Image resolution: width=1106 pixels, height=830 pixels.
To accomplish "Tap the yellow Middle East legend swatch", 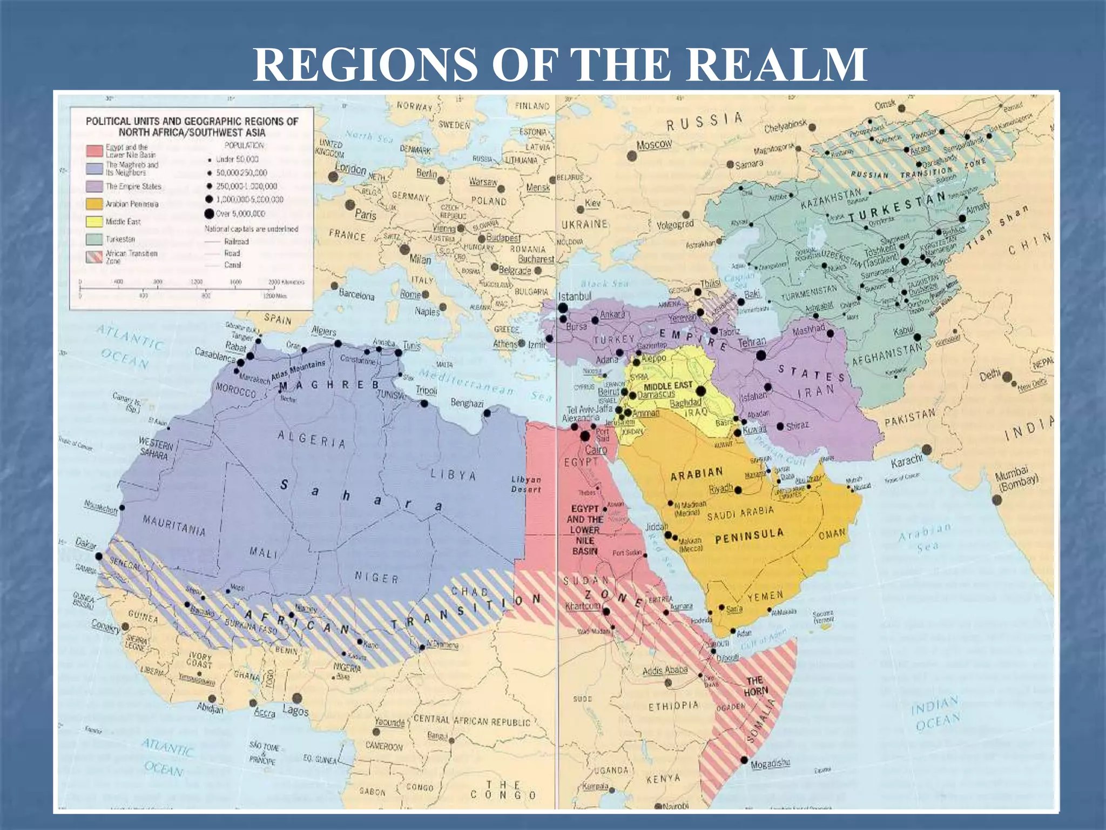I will (94, 222).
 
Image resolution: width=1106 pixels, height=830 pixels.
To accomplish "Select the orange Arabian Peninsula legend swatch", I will (94, 204).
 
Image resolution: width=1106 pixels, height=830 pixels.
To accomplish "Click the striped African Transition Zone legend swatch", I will (94, 257).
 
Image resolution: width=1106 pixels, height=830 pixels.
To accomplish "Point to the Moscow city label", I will (654, 144).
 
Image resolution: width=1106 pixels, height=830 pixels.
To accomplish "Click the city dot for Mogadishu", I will (744, 760).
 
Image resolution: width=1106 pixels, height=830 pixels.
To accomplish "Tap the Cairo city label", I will (596, 450).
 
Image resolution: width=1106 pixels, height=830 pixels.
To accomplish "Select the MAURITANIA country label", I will (174, 525).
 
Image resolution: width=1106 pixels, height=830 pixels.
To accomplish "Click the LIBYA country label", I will (454, 475).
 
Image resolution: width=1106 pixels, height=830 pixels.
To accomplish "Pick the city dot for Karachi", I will (927, 450).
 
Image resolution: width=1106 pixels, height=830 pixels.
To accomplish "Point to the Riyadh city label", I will (720, 488).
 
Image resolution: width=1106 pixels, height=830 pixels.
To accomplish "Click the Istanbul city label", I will (575, 297).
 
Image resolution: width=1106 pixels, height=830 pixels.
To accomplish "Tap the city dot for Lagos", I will (296, 698).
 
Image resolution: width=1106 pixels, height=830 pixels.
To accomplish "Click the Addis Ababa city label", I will (665, 671).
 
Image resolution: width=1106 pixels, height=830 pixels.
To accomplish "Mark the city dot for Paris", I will (350, 205).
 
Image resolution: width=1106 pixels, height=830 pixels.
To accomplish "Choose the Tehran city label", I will (752, 342).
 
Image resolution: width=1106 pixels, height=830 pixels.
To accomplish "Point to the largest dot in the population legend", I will (209, 213).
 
